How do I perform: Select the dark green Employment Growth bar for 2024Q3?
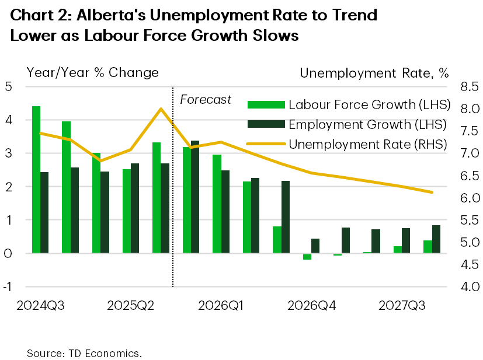44,212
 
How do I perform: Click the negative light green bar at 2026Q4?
307,257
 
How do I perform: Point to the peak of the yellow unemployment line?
161,109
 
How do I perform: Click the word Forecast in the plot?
206,100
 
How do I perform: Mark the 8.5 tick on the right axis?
465,87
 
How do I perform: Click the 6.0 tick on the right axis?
465,198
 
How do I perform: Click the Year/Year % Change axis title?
92,72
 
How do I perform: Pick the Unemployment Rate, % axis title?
374,72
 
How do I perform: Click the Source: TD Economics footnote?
84,354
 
